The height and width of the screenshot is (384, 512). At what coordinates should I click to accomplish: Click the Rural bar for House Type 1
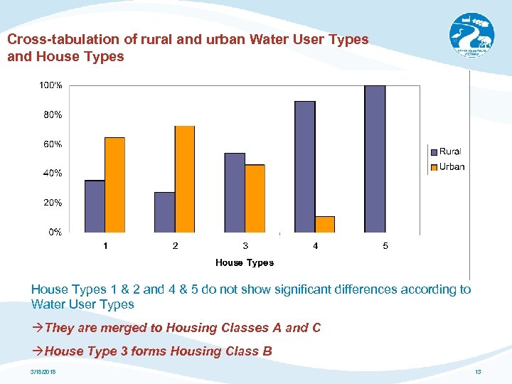[x=95, y=206]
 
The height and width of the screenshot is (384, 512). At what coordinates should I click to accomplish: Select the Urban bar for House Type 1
[x=114, y=185]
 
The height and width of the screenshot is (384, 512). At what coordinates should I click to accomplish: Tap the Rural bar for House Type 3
[x=235, y=193]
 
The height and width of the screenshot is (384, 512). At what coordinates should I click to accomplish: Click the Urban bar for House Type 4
[x=325, y=224]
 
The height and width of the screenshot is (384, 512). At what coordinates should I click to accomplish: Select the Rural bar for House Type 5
[x=375, y=159]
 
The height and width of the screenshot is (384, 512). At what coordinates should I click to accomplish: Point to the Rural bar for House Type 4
[x=304, y=167]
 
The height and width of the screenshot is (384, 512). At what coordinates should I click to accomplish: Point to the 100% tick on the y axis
[x=50, y=85]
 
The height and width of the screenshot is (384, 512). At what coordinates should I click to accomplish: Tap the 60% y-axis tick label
[x=51, y=144]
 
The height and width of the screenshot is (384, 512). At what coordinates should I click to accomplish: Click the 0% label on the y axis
[x=55, y=232]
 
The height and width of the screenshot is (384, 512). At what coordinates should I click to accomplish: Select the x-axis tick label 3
[x=245, y=246]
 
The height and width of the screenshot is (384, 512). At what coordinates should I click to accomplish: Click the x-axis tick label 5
[x=385, y=246]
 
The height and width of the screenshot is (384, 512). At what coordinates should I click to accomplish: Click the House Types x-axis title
[x=245, y=262]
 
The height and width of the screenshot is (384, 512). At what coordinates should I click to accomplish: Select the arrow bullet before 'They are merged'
[x=37, y=328]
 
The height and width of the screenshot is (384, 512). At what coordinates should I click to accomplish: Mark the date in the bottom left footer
[x=43, y=373]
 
